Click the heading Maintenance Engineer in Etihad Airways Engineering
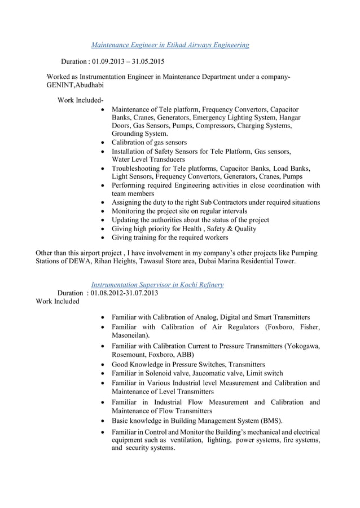pyautogui.click(x=170, y=44)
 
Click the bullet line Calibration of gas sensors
pyautogui.click(x=149, y=143)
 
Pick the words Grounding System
pyautogui.click(x=139, y=134)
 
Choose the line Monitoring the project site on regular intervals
pyautogui.click(x=179, y=211)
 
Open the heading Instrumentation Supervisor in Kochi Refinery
pyautogui.click(x=157, y=285)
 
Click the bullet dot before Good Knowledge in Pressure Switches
pyautogui.click(x=101, y=365)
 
